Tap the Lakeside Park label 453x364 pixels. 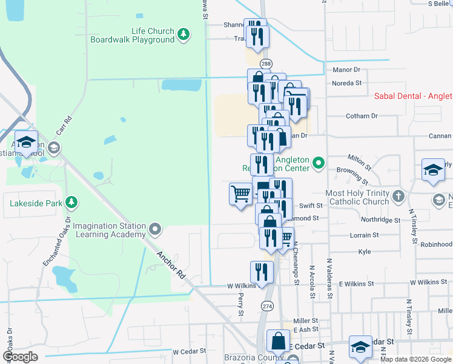pos(34,202)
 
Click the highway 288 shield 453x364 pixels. pos(266,64)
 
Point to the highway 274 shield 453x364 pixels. pos(267,306)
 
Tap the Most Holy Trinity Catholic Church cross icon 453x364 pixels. pos(398,197)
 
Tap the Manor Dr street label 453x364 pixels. pos(346,70)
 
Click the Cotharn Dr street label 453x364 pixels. pos(362,115)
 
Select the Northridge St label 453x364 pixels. pos(380,221)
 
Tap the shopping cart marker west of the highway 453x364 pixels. pos(241,194)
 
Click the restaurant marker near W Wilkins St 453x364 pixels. pos(262,271)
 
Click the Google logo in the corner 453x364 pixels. pos(20,357)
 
